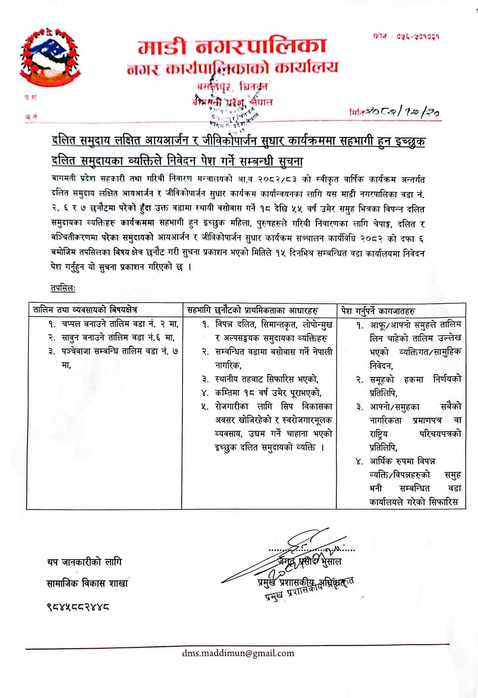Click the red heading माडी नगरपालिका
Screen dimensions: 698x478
[232, 46]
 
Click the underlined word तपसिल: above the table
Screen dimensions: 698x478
[63, 289]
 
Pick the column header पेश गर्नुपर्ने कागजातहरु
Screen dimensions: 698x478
[378, 310]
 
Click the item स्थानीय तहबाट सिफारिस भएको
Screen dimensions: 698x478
[267, 379]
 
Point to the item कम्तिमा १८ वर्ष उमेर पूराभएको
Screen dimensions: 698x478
[268, 393]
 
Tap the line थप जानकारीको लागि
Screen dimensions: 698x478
[84, 562]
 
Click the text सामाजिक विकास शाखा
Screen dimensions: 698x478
[87, 583]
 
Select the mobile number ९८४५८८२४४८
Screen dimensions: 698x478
[78, 606]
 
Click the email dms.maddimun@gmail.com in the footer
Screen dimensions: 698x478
[238, 653]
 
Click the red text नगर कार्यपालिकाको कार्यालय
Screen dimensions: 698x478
[232, 68]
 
